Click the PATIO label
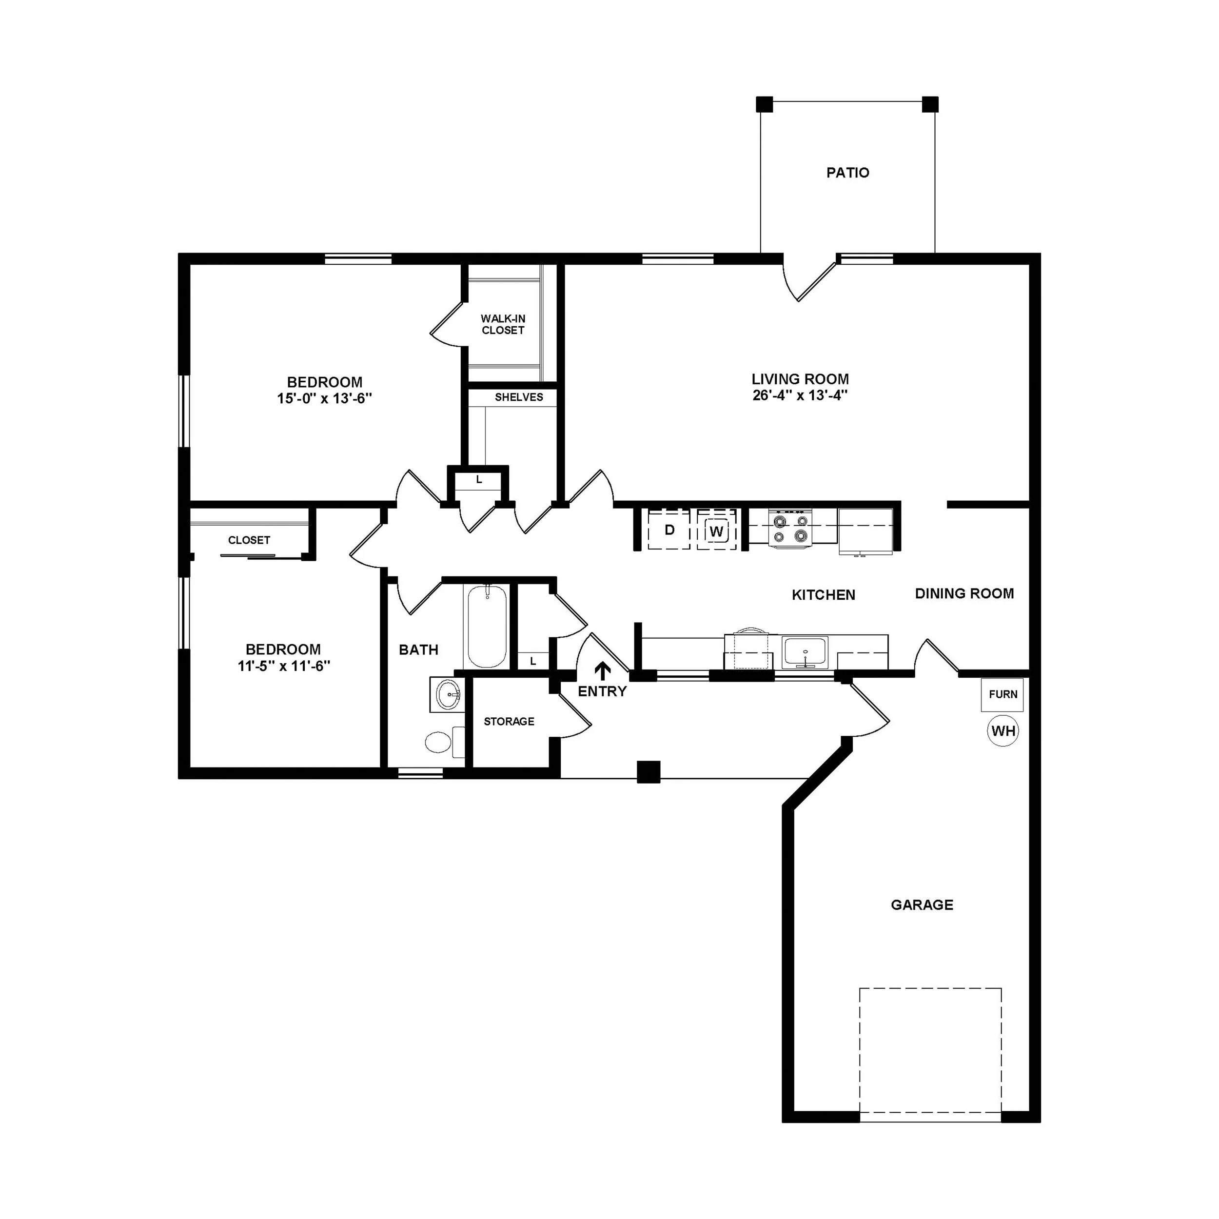point(847,172)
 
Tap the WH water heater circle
point(1003,730)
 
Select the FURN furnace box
point(1002,694)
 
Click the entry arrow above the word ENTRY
point(603,670)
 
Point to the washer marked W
point(716,531)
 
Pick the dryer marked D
point(669,530)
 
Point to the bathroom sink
point(447,695)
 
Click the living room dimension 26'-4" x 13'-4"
point(799,395)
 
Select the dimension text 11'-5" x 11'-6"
point(284,666)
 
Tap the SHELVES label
point(519,397)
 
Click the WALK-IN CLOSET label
point(503,324)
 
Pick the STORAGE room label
point(509,721)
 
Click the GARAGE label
point(921,905)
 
